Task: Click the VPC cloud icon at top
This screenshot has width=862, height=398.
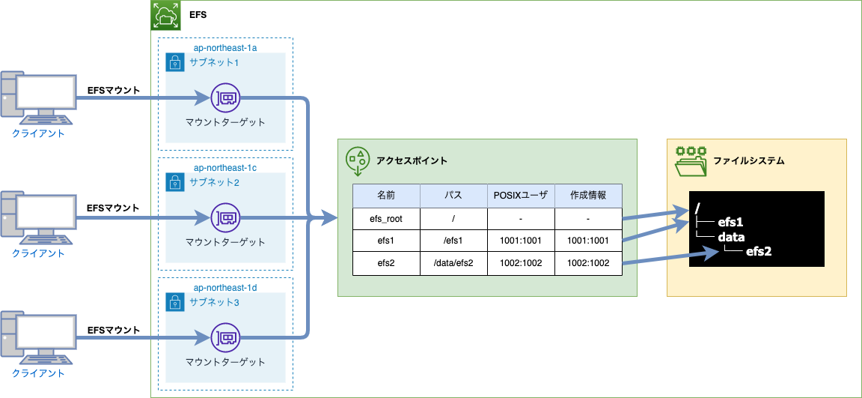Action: click(165, 15)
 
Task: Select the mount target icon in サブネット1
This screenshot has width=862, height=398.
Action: click(225, 98)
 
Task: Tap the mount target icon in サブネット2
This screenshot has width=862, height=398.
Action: click(225, 218)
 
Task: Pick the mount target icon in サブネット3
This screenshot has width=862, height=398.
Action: click(225, 337)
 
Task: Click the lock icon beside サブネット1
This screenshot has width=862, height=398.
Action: click(174, 62)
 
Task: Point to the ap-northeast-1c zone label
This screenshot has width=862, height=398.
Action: click(225, 168)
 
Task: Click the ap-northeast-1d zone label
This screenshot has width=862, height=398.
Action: click(225, 288)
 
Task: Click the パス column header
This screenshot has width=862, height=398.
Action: click(453, 195)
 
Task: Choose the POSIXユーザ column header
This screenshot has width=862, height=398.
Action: click(521, 195)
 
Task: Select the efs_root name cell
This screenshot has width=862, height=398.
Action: click(386, 218)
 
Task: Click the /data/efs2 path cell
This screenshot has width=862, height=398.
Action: click(453, 263)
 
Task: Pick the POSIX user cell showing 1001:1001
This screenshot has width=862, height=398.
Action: click(521, 241)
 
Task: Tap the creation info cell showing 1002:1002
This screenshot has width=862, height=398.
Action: click(588, 263)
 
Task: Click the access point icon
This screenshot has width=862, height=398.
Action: click(358, 161)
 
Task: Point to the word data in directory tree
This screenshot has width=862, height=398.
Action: click(731, 236)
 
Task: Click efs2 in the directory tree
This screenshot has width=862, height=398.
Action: click(758, 251)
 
